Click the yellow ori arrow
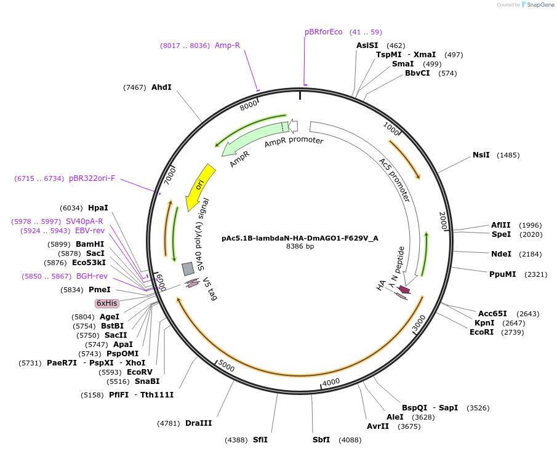(x=201, y=185)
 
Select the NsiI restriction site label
(x=481, y=155)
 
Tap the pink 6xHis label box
(x=107, y=303)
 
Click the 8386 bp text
(x=300, y=247)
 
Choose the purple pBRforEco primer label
(x=323, y=32)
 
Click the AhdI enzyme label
(x=161, y=87)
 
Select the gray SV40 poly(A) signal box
(x=188, y=269)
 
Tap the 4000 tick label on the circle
(x=331, y=382)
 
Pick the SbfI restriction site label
(x=321, y=440)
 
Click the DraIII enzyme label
(x=198, y=423)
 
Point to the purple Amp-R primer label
(x=227, y=46)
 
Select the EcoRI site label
(x=481, y=332)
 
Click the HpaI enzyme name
(x=98, y=208)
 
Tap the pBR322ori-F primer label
(x=92, y=178)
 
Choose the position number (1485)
(x=508, y=155)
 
